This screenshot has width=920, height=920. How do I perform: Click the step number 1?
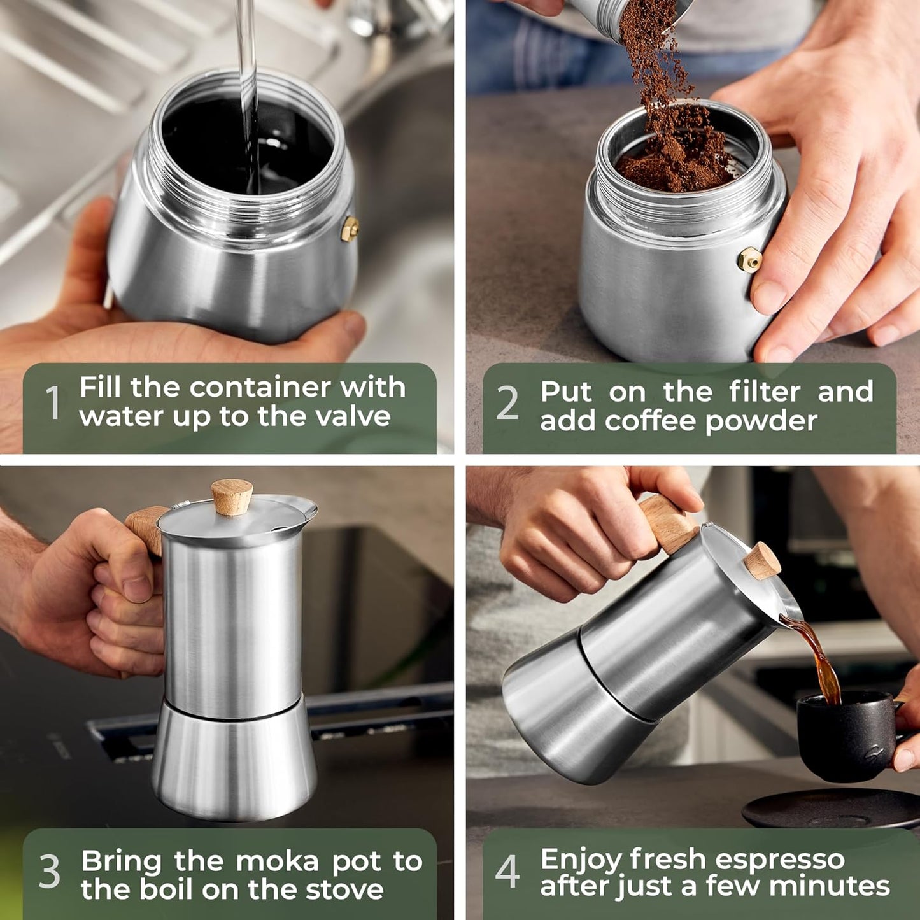pyautogui.click(x=53, y=403)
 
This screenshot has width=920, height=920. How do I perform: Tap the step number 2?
pyautogui.click(x=507, y=403)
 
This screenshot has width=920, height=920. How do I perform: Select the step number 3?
pyautogui.click(x=50, y=872)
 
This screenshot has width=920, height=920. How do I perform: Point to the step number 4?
pyautogui.click(x=507, y=872)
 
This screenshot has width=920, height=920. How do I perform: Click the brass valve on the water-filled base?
pyautogui.click(x=350, y=229)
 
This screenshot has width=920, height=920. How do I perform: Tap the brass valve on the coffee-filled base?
pyautogui.click(x=749, y=259)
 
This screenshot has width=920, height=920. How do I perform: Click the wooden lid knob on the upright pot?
pyautogui.click(x=232, y=497)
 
